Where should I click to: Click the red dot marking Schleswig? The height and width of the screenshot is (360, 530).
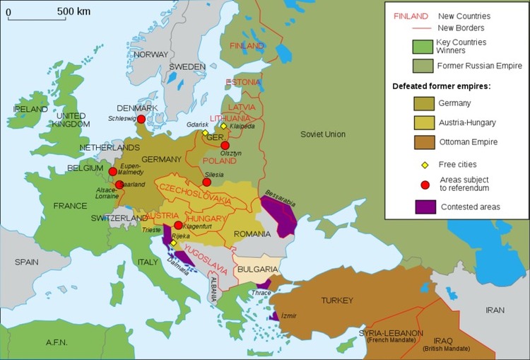[x=141, y=120]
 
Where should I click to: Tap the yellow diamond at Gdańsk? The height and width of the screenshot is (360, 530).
[x=206, y=132]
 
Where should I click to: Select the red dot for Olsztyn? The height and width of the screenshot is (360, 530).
[x=225, y=146]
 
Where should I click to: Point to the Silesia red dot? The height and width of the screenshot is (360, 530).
[x=206, y=182]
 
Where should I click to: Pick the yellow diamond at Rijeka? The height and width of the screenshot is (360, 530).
[x=173, y=243]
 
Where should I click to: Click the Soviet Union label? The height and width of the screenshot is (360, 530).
[x=322, y=134]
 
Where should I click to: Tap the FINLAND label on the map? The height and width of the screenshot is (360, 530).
[x=247, y=46]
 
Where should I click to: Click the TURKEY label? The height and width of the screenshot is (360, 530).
[x=336, y=301]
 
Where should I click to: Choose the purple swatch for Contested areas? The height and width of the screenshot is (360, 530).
[x=424, y=207]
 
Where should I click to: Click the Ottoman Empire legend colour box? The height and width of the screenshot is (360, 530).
[x=424, y=142]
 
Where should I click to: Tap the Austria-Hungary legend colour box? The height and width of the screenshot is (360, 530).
[x=424, y=122]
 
